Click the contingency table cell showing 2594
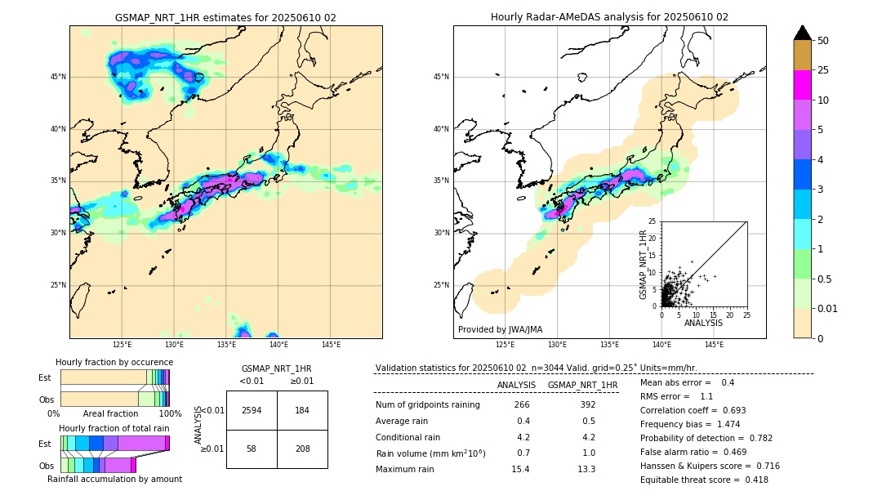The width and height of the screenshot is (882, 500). coord(252,410)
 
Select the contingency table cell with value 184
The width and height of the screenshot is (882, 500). coord(302,410)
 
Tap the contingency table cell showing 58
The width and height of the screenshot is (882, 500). coord(252,449)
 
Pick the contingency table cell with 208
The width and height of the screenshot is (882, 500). coord(302,449)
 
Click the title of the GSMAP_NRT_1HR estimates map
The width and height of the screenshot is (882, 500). coord(225,17)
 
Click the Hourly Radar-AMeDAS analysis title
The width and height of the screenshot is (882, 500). coord(609,17)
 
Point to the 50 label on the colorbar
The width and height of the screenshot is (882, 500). coord(823,41)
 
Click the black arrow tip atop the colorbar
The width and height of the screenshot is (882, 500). coord(803,31)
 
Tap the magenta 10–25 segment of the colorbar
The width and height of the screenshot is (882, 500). coord(803,85)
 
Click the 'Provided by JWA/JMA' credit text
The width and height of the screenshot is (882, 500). coord(500,329)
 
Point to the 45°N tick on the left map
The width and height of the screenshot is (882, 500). coord(57,77)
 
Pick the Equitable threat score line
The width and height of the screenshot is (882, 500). coord(704,480)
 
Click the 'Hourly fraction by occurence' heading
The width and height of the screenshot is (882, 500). coord(114,362)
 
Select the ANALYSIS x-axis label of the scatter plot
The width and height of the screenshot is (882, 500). coord(703,323)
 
